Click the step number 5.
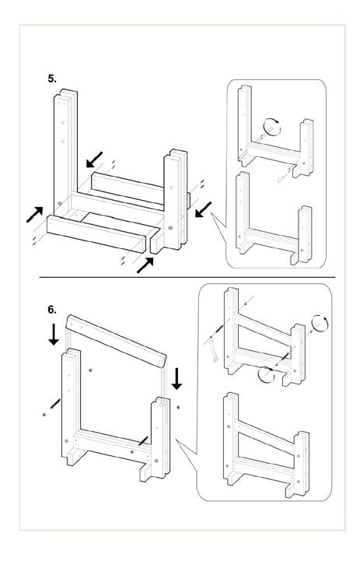tap(52, 79)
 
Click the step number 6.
tap(52, 310)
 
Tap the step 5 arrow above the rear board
tap(94, 160)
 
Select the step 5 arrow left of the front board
tap(35, 215)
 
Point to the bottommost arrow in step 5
tap(145, 265)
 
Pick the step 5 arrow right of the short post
tap(203, 210)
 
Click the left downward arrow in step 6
tap(54, 335)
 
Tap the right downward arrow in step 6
tap(177, 379)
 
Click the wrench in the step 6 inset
tap(214, 351)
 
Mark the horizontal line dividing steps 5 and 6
tap(187, 278)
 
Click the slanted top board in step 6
tap(116, 341)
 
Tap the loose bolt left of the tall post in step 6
tap(55, 404)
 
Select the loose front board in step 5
tap(96, 233)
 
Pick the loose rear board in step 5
tap(128, 187)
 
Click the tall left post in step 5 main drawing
tap(65, 153)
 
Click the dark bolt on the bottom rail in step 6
tap(143, 442)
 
